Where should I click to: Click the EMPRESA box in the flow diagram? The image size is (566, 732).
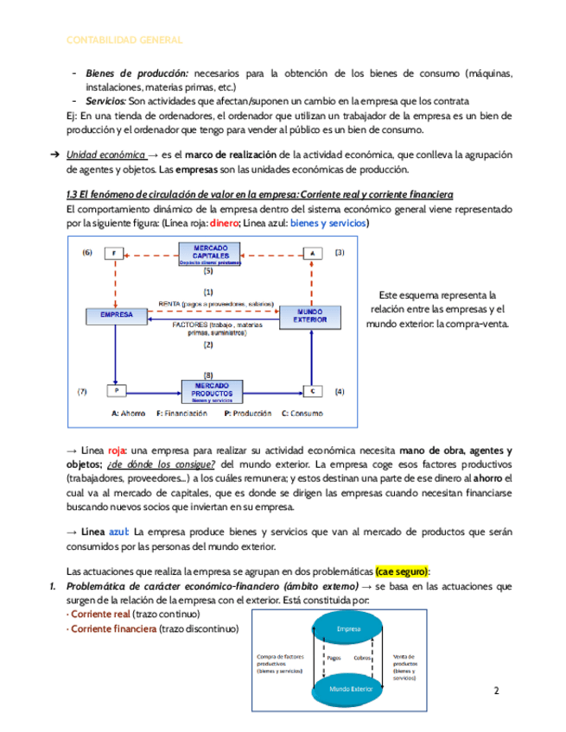pyautogui.click(x=117, y=316)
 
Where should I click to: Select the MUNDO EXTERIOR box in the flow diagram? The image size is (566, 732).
pyautogui.click(x=309, y=315)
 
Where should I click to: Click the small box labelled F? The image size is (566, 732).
pyautogui.click(x=115, y=253)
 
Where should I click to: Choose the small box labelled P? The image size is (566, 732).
pyautogui.click(x=115, y=391)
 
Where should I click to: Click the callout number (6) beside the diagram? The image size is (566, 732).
pyautogui.click(x=86, y=253)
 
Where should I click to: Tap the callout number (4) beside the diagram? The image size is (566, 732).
pyautogui.click(x=339, y=392)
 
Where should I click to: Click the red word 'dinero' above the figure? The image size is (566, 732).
pyautogui.click(x=224, y=223)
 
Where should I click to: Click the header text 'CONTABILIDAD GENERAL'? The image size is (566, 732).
pyautogui.click(x=124, y=40)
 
